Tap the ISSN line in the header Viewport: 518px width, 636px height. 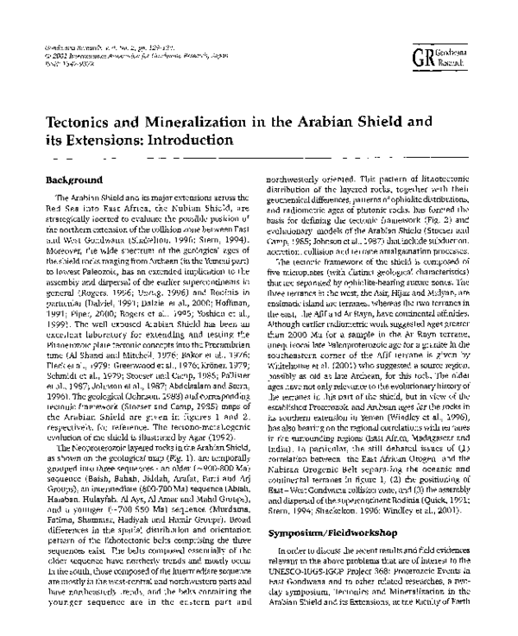point(65,61)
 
